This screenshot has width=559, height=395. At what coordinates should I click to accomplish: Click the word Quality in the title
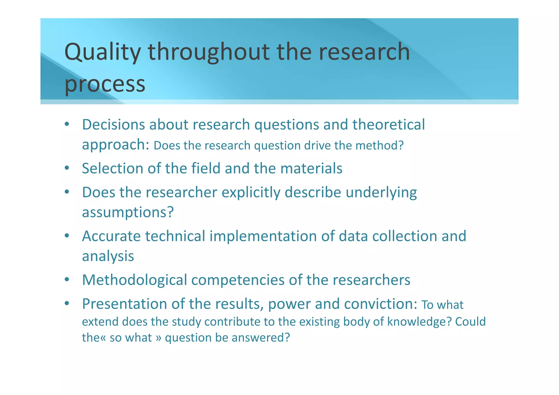102,52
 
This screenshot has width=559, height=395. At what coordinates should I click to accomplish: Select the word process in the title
105,84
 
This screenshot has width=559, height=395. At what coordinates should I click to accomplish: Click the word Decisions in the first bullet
113,125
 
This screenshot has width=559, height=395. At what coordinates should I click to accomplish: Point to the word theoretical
388,125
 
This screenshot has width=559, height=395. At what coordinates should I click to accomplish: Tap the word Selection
112,168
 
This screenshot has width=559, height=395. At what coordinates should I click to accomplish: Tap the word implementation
263,236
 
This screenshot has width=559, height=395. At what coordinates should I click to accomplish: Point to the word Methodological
134,280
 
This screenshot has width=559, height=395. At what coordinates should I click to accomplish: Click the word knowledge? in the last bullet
420,322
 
